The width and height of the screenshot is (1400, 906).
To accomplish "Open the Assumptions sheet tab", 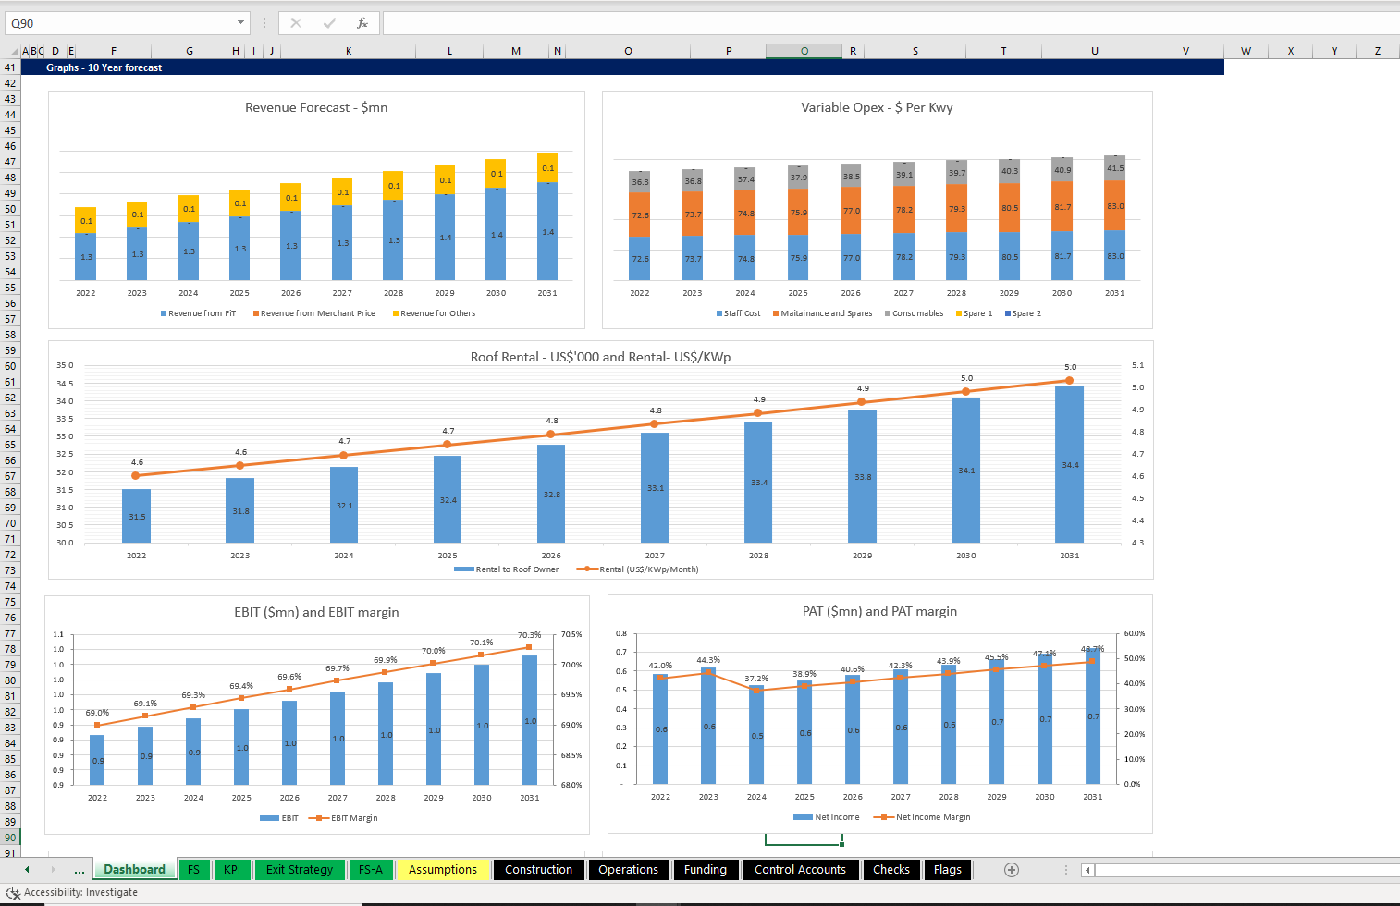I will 442,870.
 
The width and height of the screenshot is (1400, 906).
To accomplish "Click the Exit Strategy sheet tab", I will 299,870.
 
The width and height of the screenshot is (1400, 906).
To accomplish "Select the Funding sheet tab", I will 705,870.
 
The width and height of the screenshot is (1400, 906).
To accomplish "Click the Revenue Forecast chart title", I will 316,108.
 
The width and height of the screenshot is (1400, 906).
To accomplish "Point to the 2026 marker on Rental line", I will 551,435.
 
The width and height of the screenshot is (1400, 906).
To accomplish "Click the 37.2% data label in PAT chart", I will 756,679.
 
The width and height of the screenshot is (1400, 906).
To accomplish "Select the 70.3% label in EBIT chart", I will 529,635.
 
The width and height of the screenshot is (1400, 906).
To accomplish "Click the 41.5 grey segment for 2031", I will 1115,168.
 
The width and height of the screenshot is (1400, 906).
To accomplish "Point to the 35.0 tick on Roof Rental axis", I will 65,366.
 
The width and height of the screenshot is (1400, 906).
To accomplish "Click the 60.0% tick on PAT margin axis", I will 1135,634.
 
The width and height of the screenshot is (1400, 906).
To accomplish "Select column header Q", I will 804,51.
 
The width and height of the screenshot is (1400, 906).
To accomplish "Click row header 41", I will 10,67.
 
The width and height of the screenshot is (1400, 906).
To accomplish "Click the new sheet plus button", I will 1012,870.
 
